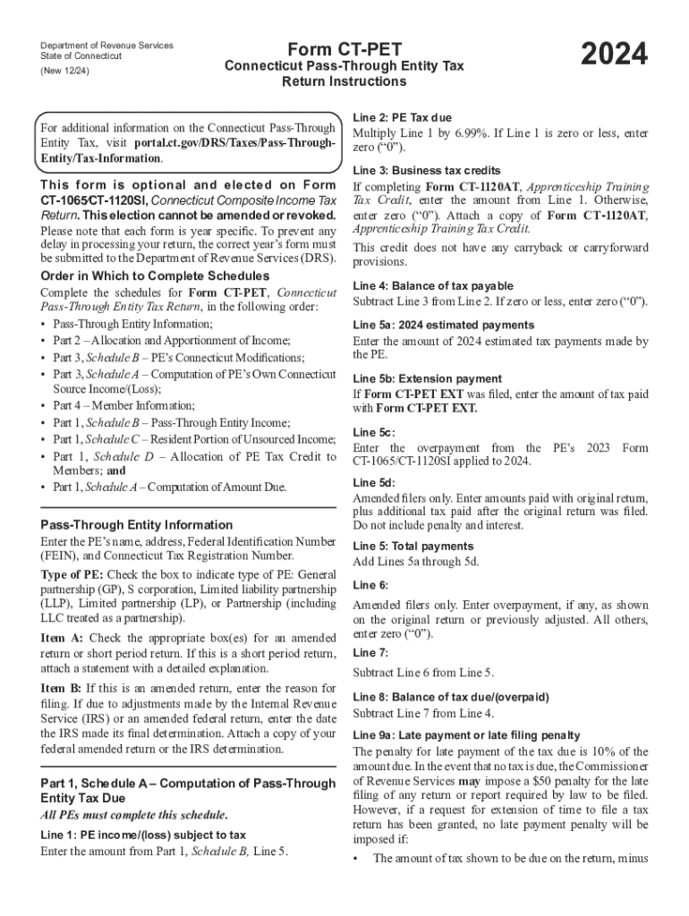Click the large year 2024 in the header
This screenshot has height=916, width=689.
coord(613,55)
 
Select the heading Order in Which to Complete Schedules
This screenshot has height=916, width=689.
coord(155,276)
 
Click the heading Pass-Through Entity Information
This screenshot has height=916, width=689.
coord(137,525)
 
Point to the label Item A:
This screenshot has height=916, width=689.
coord(62,638)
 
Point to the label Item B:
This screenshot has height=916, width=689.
coord(62,688)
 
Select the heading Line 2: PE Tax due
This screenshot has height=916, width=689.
coord(402,117)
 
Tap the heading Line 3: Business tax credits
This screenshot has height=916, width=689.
coord(427,170)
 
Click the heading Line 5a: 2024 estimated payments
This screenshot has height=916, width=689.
coord(444,325)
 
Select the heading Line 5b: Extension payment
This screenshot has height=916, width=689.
coord(427,378)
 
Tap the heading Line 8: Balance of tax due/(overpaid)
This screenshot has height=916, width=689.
coord(451,697)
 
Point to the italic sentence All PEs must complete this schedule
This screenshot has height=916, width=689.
coord(133,815)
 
